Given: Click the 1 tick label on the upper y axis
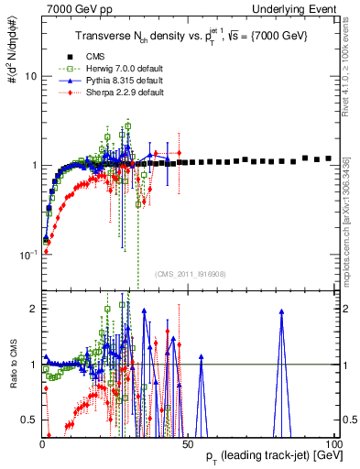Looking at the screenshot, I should tap(33, 165).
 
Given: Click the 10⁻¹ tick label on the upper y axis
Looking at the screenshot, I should tap(27, 254).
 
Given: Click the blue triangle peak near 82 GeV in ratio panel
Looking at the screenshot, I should tap(281, 312).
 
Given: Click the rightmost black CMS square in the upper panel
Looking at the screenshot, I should tap(327, 158).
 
